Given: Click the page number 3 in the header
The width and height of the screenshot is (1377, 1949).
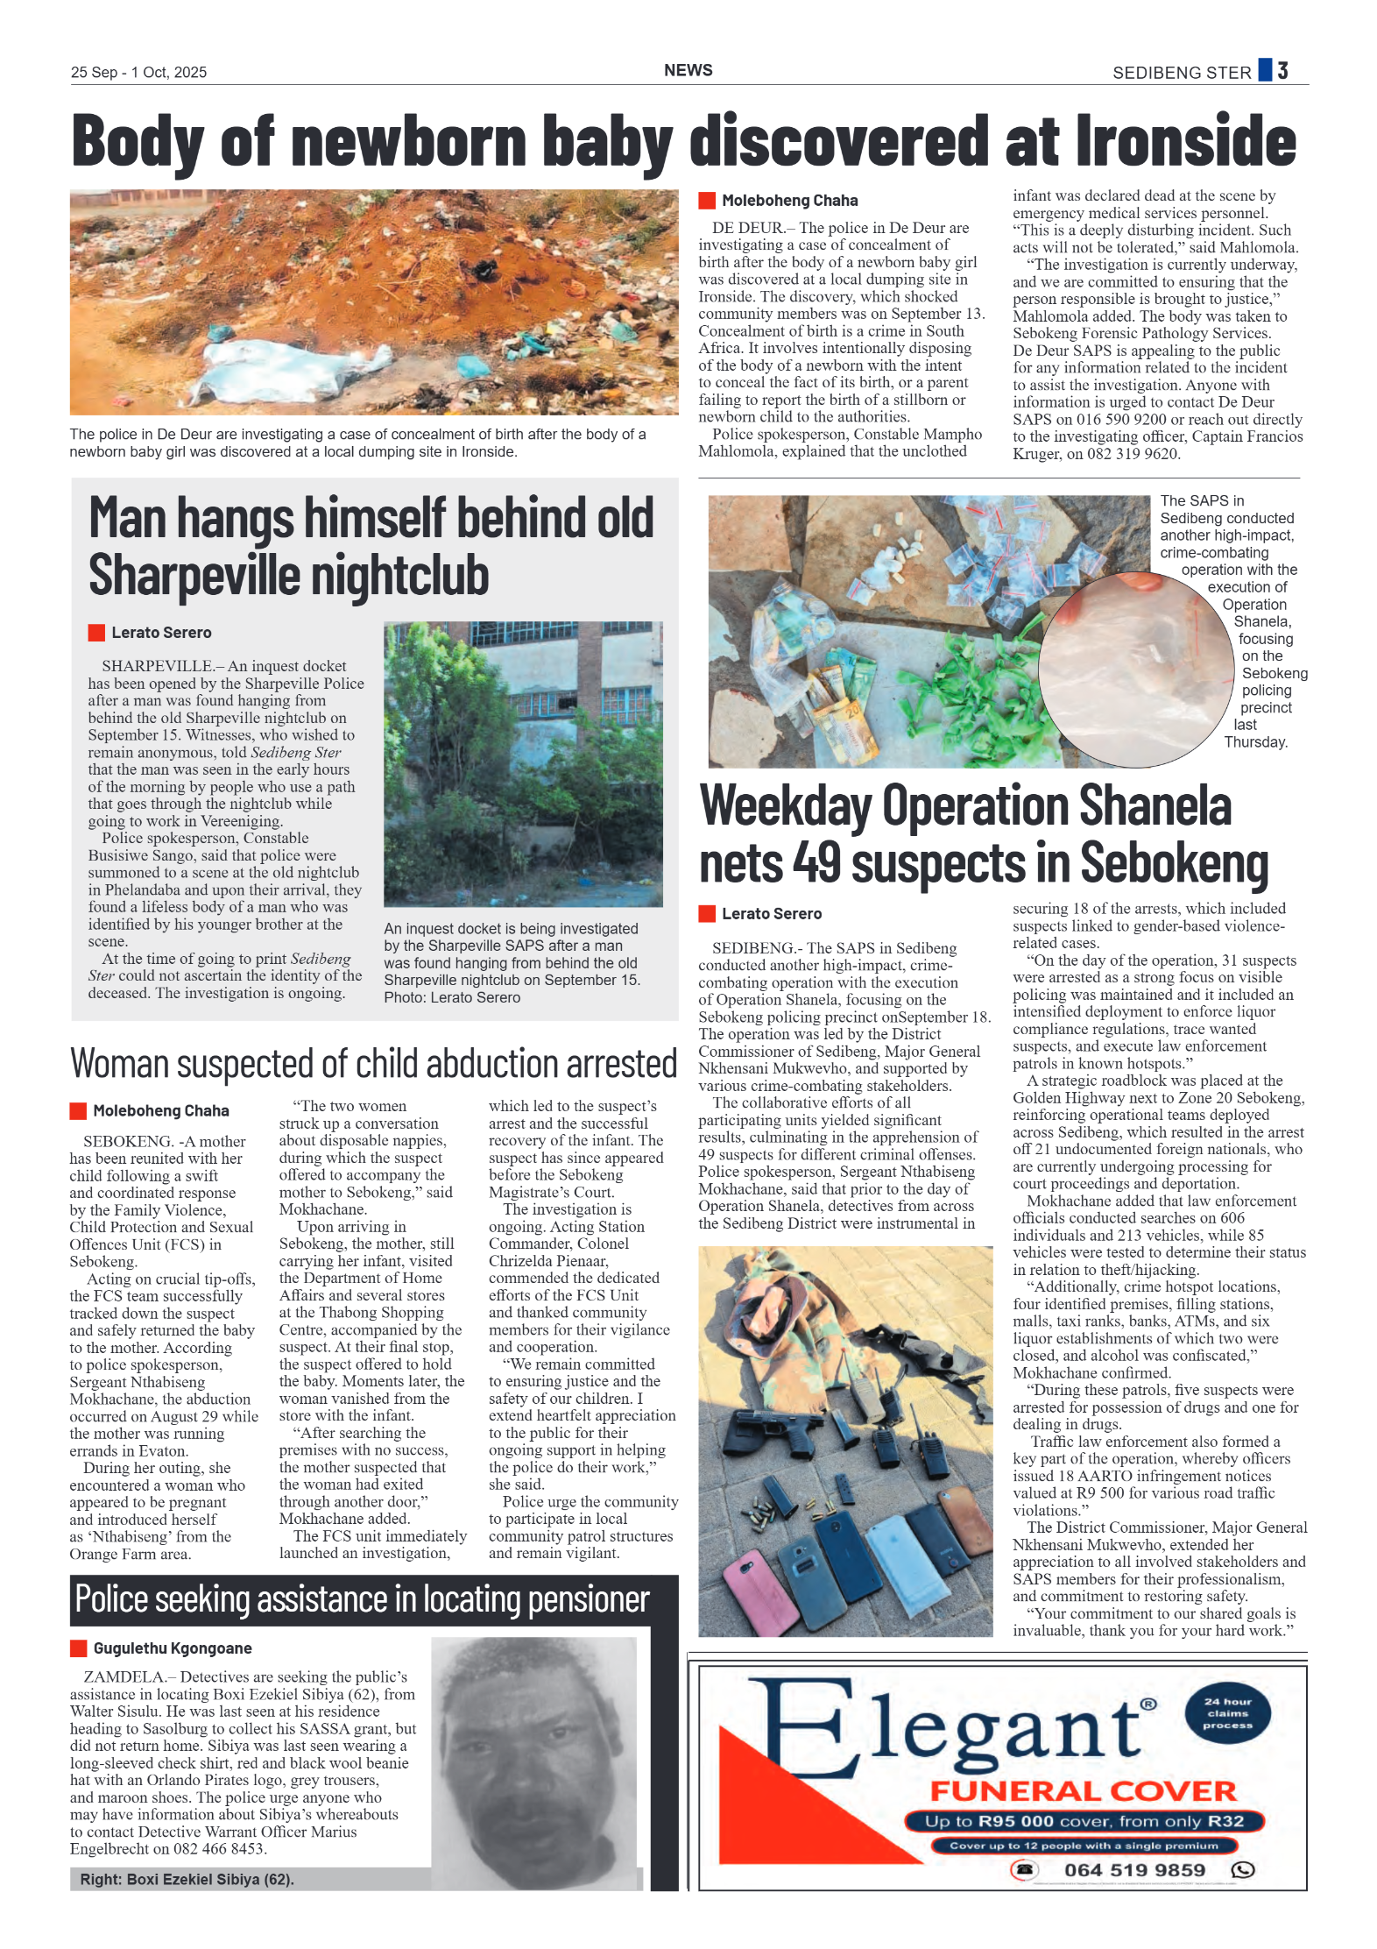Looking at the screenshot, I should click(x=1282, y=71).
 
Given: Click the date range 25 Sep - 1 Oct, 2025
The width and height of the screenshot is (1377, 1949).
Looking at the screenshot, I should click(x=138, y=73).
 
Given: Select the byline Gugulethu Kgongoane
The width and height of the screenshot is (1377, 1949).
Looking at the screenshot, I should click(x=172, y=1648).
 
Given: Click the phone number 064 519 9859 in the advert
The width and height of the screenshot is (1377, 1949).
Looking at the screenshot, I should click(x=1134, y=1870).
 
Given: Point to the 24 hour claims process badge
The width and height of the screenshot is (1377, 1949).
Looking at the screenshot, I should click(x=1227, y=1713).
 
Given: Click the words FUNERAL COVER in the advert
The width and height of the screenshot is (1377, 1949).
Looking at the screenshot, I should click(x=1083, y=1790).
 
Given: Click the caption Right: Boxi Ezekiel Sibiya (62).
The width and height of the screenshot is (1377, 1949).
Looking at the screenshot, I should click(x=187, y=1879).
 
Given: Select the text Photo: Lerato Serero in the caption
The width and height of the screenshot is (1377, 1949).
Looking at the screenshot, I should click(x=452, y=997).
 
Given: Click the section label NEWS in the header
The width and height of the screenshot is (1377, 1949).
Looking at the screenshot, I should click(x=688, y=70).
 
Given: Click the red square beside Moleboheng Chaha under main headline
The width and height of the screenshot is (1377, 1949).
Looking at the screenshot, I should click(x=706, y=201).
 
